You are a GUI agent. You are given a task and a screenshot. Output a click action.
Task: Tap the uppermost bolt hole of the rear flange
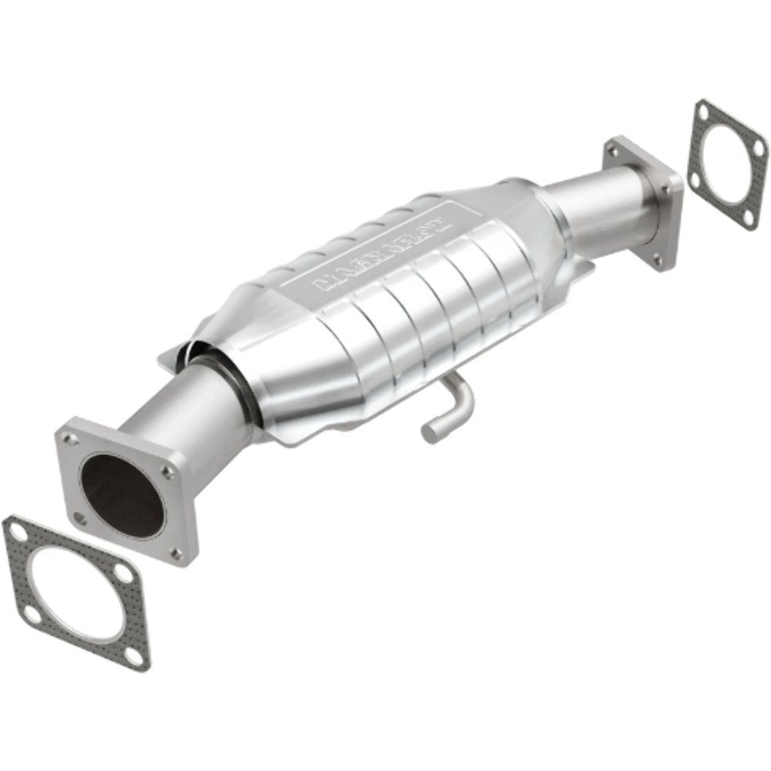[614, 151]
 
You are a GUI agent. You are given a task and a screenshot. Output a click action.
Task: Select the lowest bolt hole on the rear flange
[658, 260]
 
